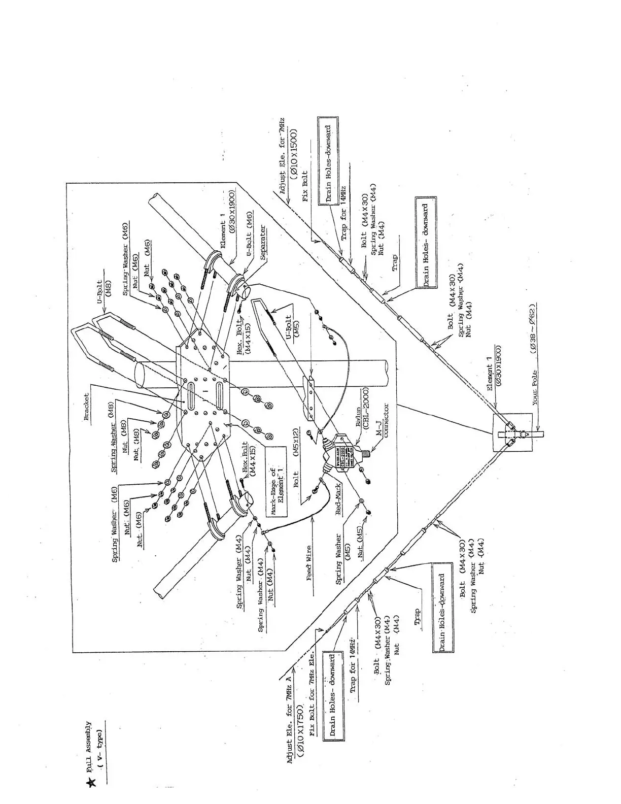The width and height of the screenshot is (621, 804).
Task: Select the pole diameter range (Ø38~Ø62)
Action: [x=533, y=328]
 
